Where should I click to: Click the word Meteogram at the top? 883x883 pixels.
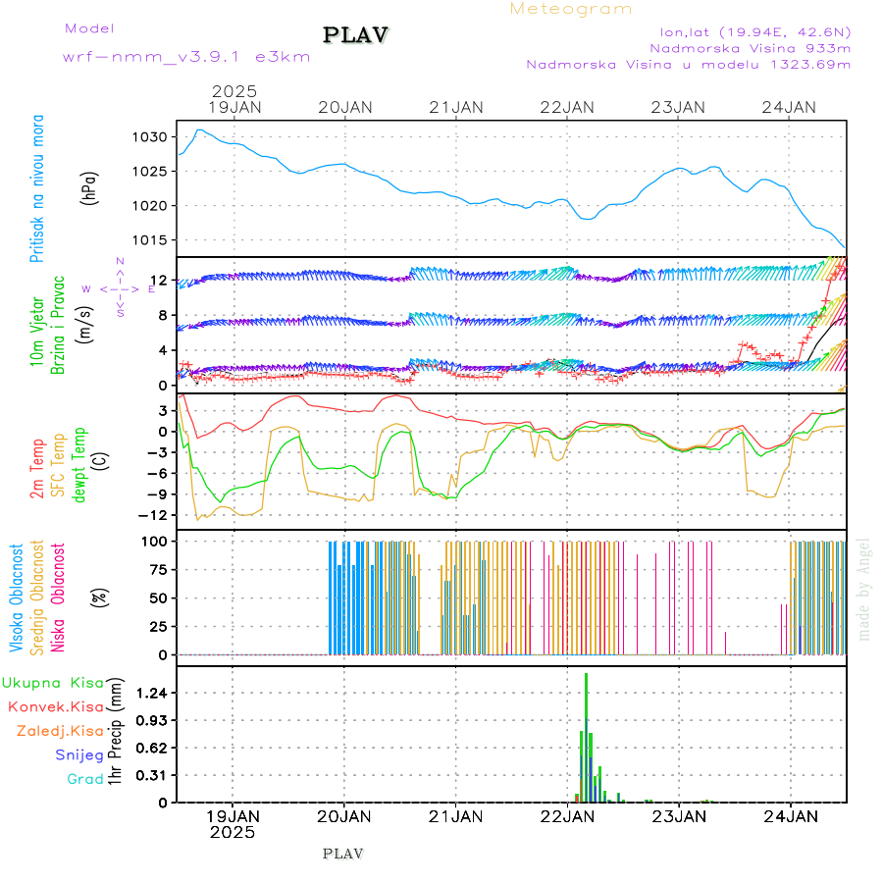(x=571, y=9)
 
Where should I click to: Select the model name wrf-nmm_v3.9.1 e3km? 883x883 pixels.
(x=186, y=57)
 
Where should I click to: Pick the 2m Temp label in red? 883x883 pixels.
(x=37, y=470)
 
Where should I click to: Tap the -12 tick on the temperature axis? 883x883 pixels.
(x=153, y=515)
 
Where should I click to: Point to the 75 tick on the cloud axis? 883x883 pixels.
(x=158, y=569)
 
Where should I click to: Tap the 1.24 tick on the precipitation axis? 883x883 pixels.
(x=153, y=693)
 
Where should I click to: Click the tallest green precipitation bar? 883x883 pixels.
(x=586, y=736)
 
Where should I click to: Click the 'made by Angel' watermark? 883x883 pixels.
(x=864, y=589)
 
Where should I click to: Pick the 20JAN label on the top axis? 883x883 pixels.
(x=346, y=107)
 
